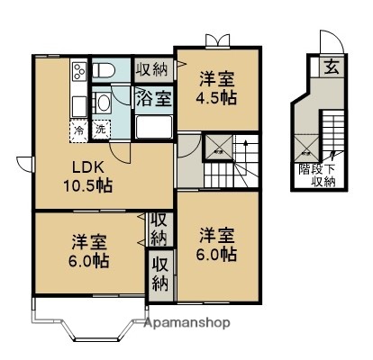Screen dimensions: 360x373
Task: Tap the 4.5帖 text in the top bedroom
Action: (x=218, y=96)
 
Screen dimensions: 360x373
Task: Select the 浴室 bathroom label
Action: (x=152, y=98)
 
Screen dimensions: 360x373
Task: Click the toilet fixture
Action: (x=104, y=70)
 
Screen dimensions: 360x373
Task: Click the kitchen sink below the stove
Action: (x=77, y=101)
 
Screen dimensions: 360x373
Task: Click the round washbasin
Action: (x=104, y=102)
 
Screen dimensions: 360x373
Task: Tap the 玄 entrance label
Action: (x=331, y=66)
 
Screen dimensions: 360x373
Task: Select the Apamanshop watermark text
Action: (x=186, y=322)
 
